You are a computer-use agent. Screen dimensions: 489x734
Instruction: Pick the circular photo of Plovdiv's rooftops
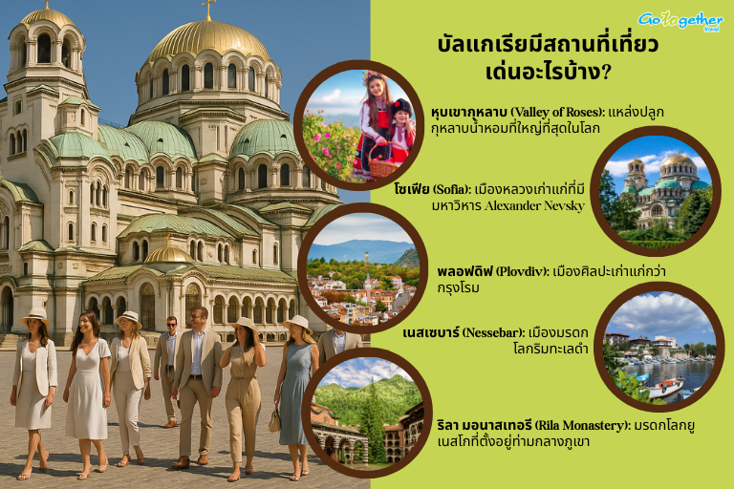361,267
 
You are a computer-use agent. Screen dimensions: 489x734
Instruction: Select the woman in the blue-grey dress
295,392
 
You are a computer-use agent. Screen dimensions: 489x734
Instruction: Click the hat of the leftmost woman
33,315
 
